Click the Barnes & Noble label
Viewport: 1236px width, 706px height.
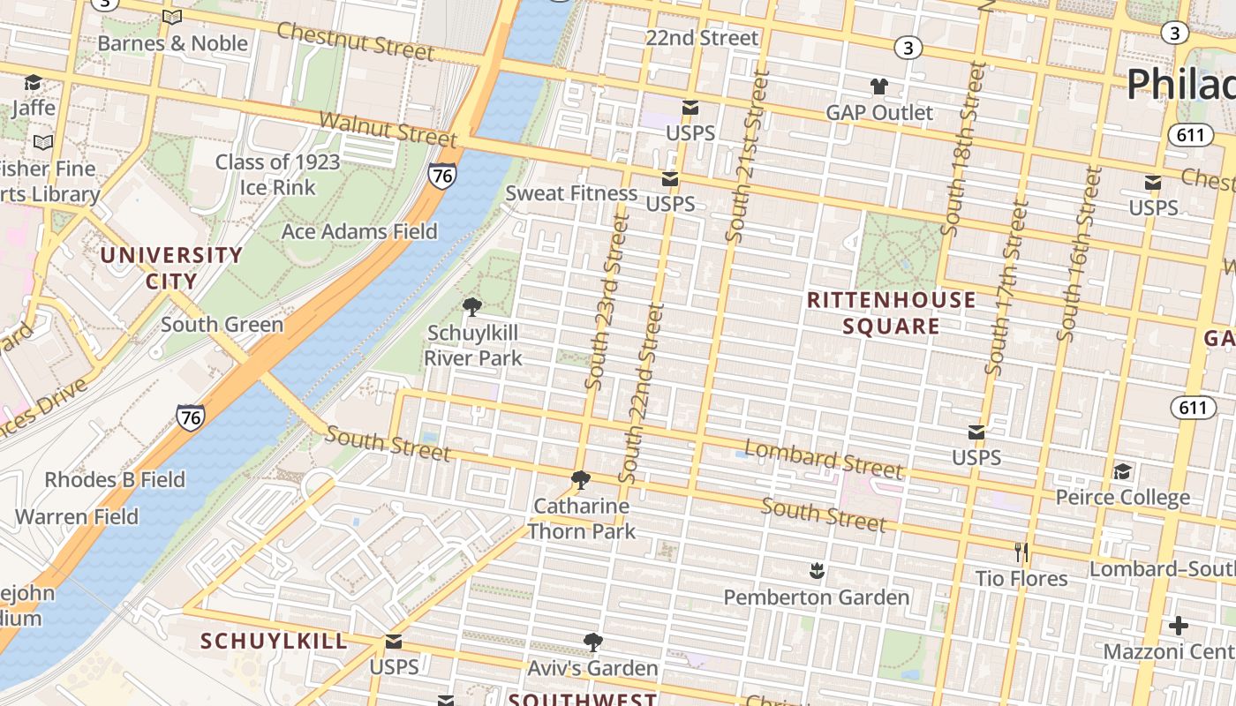pyautogui.click(x=172, y=42)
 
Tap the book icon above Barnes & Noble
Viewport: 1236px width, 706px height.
pyautogui.click(x=172, y=17)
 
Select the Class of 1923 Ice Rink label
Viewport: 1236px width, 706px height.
pyautogui.click(x=277, y=175)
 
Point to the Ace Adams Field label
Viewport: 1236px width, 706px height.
pyautogui.click(x=359, y=231)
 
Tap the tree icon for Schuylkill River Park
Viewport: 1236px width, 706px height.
pyautogui.click(x=472, y=307)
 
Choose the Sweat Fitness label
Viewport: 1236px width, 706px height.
pyautogui.click(x=571, y=193)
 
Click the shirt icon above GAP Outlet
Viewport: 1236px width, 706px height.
pyautogui.click(x=878, y=86)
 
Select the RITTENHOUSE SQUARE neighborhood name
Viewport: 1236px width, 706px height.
pyautogui.click(x=892, y=312)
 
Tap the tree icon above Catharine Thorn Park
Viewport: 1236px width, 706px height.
pyautogui.click(x=581, y=480)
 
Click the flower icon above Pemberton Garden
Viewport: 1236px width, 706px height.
pyautogui.click(x=817, y=572)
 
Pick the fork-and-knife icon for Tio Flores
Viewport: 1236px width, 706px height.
pyautogui.click(x=1021, y=552)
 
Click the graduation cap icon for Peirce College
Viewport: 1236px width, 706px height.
pyautogui.click(x=1122, y=471)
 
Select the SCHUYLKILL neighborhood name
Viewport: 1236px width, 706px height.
pyautogui.click(x=274, y=641)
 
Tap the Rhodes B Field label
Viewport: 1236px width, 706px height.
pyautogui.click(x=115, y=479)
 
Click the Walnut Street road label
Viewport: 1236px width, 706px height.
pyautogui.click(x=388, y=129)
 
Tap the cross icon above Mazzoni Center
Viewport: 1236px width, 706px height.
pyautogui.click(x=1178, y=626)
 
